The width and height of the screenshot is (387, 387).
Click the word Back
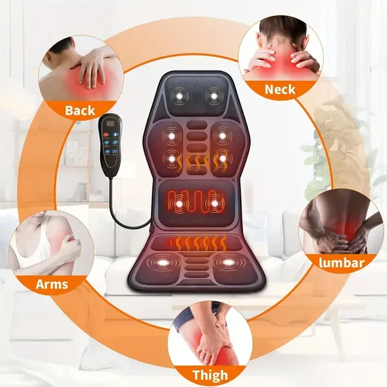click(80, 110)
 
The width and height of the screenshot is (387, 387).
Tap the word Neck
click(280, 90)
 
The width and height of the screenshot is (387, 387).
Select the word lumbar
click(341, 263)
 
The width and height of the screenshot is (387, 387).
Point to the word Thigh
click(210, 375)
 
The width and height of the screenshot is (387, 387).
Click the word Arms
click(52, 284)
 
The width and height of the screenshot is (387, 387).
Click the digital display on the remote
click(110, 123)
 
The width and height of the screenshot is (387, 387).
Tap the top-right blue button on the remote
click(115, 135)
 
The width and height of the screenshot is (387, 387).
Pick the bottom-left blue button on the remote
click(107, 152)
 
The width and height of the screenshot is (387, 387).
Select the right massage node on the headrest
click(214, 95)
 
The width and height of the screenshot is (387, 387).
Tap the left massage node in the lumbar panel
click(179, 204)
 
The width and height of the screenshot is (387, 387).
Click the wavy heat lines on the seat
click(198, 242)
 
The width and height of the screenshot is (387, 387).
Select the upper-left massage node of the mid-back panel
click(171, 135)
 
